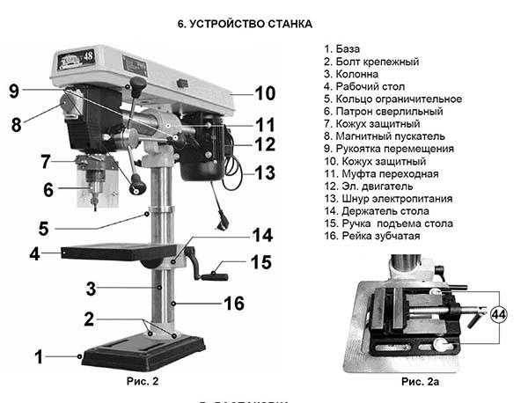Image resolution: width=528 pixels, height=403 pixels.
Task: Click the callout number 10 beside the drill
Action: pos(265,93)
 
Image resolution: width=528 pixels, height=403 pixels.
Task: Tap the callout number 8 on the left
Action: pos(16,124)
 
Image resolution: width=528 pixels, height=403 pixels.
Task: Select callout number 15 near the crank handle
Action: pos(261,261)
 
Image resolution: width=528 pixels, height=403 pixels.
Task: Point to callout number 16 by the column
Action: pos(233,303)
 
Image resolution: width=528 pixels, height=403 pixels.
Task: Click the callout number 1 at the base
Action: pos(38,356)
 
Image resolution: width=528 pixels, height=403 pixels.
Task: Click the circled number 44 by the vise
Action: pos(499,312)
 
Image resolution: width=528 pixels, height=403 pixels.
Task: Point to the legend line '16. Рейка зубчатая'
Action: pos(372,236)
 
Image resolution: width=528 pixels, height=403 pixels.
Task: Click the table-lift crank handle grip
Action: pos(214,277)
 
